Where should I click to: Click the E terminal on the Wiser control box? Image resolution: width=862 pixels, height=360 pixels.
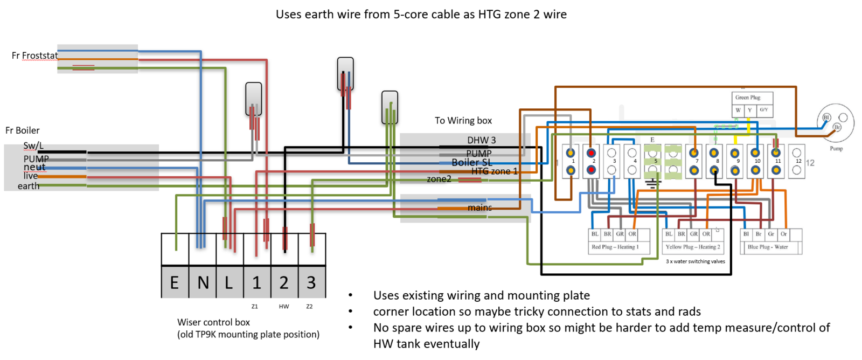tap(175, 282)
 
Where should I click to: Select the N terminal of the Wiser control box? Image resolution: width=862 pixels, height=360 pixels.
tap(203, 282)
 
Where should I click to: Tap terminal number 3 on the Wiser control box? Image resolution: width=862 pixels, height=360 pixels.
tap(311, 282)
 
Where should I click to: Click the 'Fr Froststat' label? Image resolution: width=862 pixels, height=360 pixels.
tap(34, 56)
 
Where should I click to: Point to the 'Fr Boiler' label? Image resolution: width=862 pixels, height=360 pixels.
tap(23, 130)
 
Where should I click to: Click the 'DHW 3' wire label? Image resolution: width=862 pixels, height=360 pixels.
tap(481, 140)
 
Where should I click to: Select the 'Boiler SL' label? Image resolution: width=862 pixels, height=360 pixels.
tap(472, 162)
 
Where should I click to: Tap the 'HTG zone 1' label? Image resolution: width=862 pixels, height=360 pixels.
tap(494, 171)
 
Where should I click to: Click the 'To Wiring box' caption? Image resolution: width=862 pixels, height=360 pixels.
tap(463, 121)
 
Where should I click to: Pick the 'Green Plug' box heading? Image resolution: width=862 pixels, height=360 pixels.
tap(748, 98)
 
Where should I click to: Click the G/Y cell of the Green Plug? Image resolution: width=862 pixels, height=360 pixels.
tap(764, 110)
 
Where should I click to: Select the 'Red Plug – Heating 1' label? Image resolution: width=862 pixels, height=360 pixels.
tap(615, 247)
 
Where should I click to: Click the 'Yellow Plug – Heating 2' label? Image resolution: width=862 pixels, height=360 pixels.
tap(692, 247)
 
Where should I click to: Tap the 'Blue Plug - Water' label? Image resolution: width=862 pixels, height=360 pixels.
tap(767, 247)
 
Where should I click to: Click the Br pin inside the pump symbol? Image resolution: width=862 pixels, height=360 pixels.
tap(837, 127)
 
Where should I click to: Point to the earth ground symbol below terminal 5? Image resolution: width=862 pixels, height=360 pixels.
tap(652, 183)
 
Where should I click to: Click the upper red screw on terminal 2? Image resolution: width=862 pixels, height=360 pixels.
tap(591, 153)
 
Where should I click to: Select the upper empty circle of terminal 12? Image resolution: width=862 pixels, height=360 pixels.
tap(796, 153)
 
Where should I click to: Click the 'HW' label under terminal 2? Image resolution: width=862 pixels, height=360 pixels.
tap(284, 307)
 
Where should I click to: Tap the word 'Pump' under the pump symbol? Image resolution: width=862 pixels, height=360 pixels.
tap(836, 148)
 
